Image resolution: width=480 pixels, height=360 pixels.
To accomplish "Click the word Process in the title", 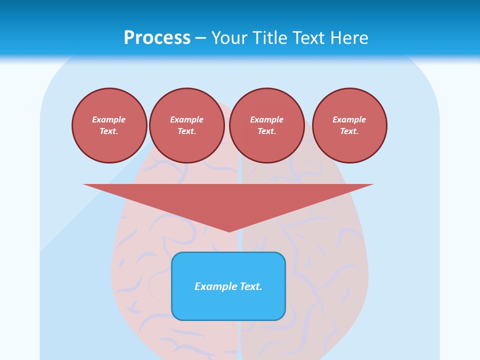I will click(x=157, y=38).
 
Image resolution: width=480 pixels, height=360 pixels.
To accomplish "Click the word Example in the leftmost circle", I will click(x=109, y=119).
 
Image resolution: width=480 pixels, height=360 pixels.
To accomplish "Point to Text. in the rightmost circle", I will click(x=349, y=131).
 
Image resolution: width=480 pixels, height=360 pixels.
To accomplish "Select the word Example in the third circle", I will click(x=266, y=119).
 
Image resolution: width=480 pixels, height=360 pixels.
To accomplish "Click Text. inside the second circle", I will click(x=186, y=131).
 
